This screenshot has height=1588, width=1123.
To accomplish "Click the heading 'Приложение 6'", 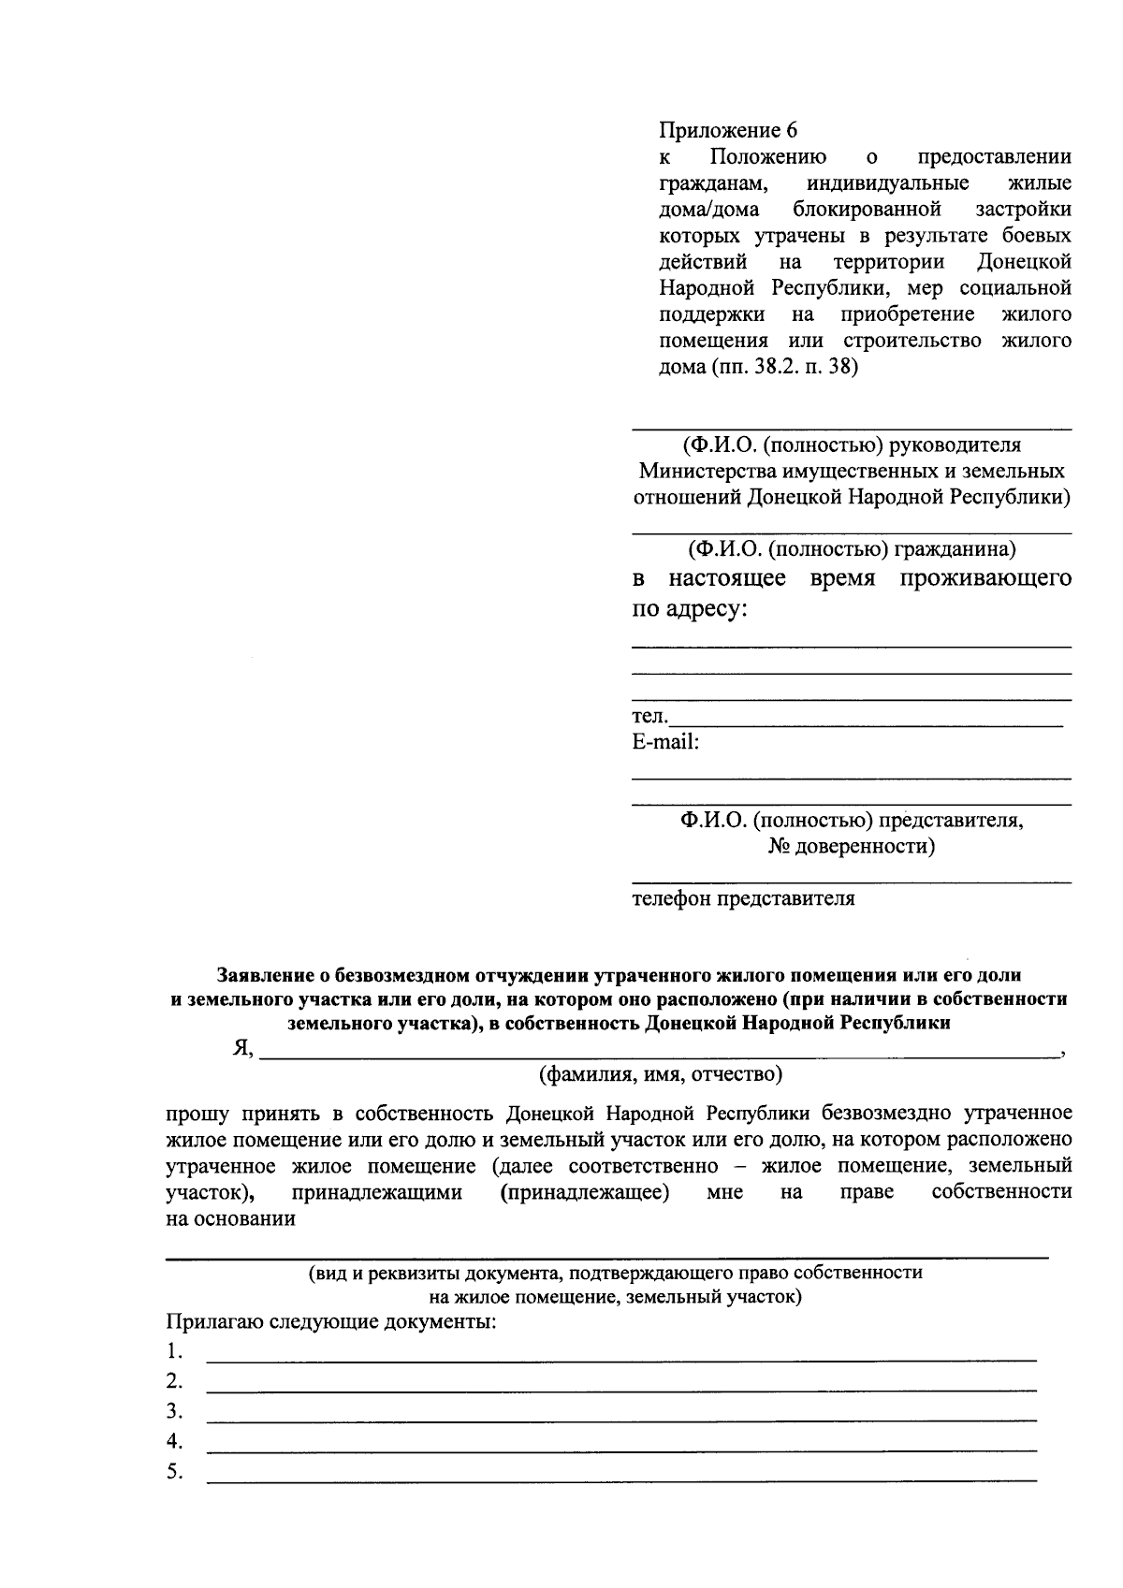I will (728, 130).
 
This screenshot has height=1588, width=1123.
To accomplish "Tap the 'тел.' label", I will (649, 717).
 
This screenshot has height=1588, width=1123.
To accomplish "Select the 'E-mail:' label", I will (665, 743).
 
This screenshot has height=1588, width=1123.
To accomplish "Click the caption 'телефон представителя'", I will (743, 899).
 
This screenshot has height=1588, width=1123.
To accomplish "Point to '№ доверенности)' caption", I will (852, 847).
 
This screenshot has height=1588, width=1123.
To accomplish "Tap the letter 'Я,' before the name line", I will (242, 1049).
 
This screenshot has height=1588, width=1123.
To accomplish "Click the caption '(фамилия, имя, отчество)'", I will (660, 1075).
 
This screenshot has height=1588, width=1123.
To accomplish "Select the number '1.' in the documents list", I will (174, 1350).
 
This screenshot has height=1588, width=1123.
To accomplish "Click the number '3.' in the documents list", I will (174, 1411).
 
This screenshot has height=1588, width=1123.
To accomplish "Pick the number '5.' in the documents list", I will (174, 1472).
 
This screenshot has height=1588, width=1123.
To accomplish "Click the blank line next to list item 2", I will (620, 1391).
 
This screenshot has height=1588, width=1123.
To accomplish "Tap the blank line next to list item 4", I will (620, 1450).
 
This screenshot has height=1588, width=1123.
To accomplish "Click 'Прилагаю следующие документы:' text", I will (330, 1322).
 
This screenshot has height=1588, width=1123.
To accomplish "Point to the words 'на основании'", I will (230, 1218).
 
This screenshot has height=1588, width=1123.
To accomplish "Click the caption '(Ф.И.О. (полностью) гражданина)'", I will (852, 549).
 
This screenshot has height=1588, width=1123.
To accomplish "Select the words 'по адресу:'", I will (690, 609).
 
